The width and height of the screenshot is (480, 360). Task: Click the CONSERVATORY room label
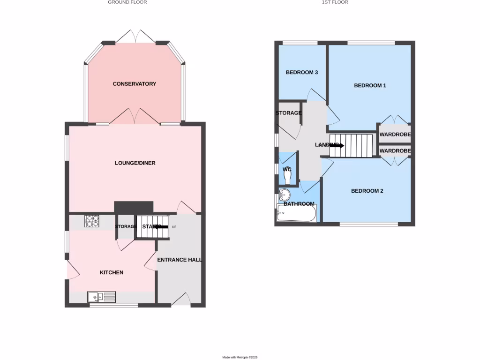pos(134,84)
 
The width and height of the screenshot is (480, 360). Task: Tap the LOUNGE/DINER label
pos(135,163)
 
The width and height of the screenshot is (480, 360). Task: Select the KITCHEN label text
pos(112,272)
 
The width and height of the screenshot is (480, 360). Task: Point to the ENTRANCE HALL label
pos(180,260)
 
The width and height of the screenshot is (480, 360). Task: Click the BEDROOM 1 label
pos(370,85)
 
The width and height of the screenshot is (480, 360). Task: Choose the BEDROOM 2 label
pos(367,191)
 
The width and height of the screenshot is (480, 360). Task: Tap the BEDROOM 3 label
pos(302,72)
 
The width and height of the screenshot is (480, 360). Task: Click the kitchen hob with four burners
pos(91,221)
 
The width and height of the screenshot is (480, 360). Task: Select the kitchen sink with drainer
pos(101,296)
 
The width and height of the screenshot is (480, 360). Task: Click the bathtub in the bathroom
pos(297,214)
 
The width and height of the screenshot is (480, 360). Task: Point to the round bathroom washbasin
pos(285,194)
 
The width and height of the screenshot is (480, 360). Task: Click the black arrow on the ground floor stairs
pos(162,226)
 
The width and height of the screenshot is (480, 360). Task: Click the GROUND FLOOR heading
pos(127,2)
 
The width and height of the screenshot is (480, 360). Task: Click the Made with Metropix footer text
pos(240,357)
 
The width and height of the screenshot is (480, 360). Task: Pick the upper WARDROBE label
pos(395,135)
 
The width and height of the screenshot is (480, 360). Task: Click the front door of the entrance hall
pos(181,300)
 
